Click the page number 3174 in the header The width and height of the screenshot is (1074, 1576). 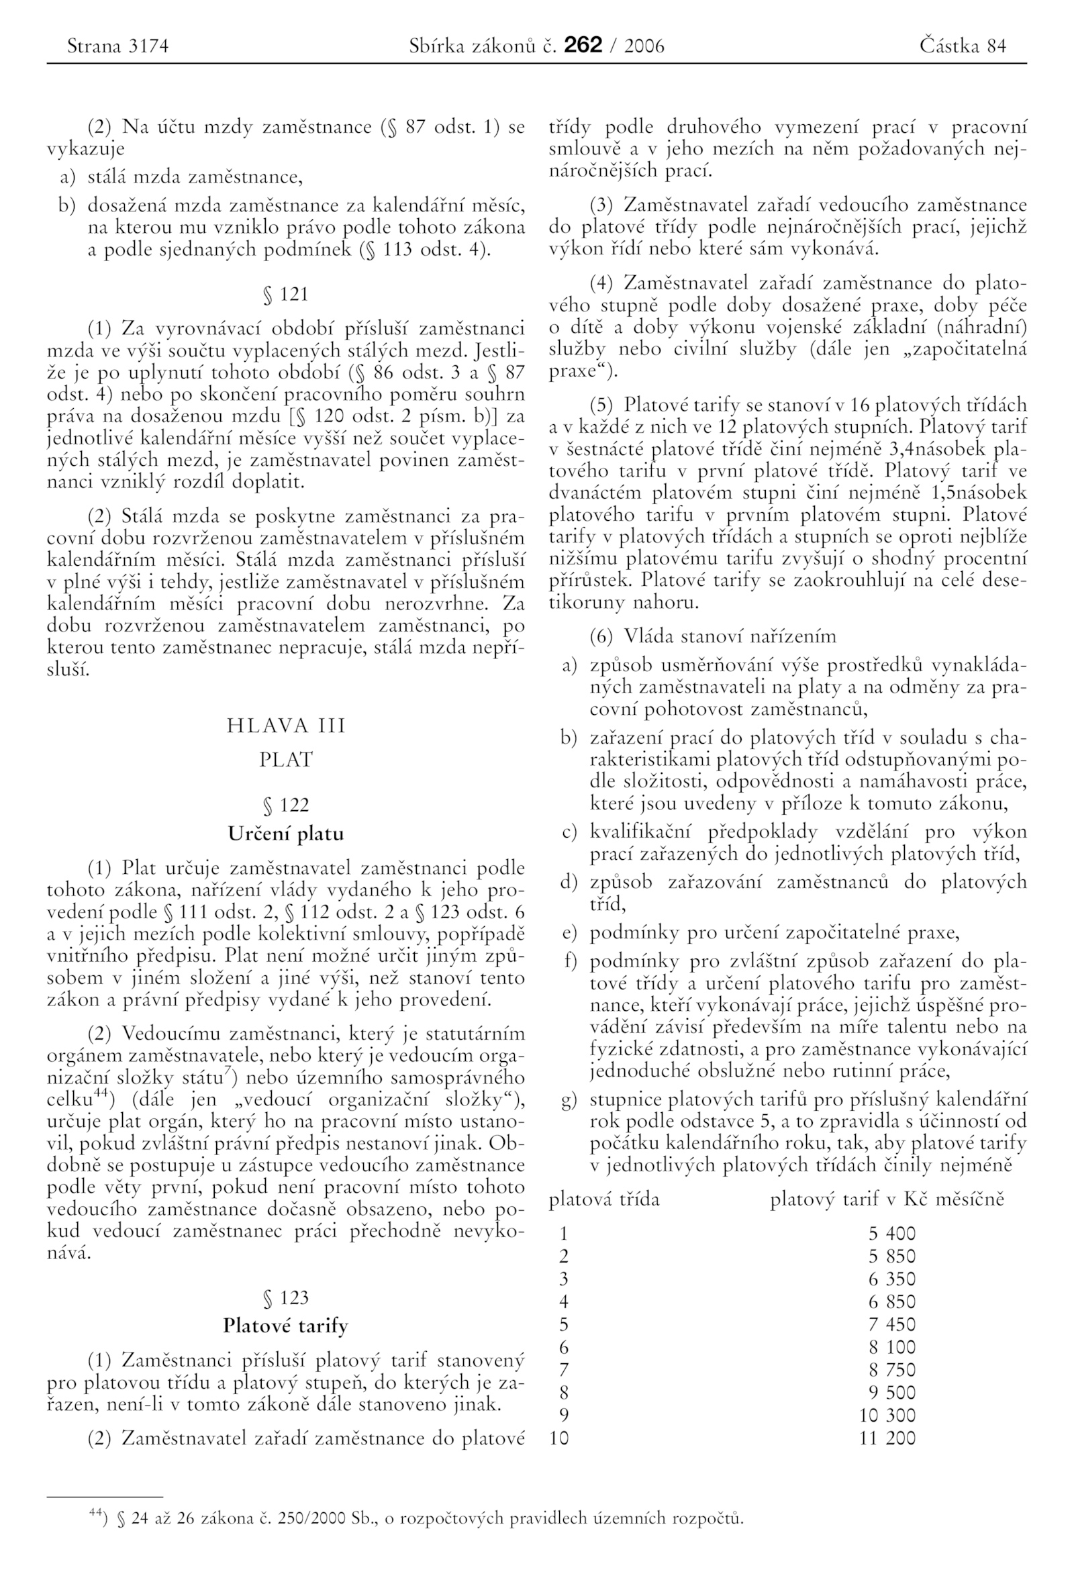148,46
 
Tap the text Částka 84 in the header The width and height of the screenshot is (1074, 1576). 963,46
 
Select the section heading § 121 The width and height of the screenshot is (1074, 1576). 285,294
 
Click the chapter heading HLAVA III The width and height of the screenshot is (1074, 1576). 285,726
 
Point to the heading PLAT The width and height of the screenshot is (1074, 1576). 285,760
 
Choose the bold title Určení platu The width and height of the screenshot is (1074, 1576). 285,834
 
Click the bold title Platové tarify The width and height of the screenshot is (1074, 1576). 285,1325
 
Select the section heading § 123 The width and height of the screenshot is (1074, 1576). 285,1297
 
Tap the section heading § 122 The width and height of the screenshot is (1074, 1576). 285,805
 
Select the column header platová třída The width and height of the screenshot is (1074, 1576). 603,1199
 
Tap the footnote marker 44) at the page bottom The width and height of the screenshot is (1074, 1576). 98,1514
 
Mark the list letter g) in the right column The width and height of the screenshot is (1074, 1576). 569,1100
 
